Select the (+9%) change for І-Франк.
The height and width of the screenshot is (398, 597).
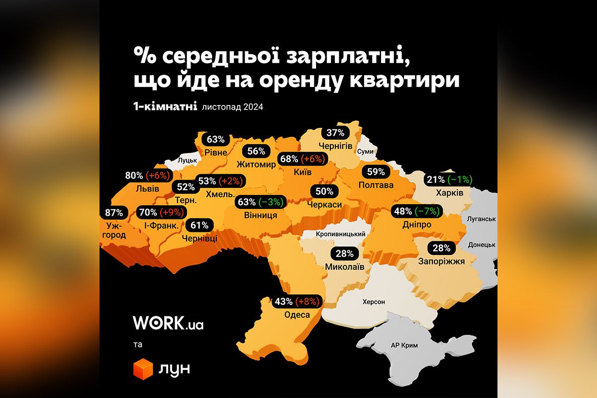171,213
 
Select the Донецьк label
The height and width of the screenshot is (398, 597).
482,245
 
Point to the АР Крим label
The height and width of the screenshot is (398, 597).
404,346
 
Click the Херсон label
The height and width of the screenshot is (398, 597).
374,302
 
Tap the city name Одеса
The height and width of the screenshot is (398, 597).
297,314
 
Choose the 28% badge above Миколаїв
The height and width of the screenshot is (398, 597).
345,253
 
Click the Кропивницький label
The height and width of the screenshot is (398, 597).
341,234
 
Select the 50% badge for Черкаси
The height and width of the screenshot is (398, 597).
324,191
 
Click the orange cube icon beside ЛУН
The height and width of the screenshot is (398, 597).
143,369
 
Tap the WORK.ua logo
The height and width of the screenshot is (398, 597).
168,323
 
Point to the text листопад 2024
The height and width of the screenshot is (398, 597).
232,106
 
